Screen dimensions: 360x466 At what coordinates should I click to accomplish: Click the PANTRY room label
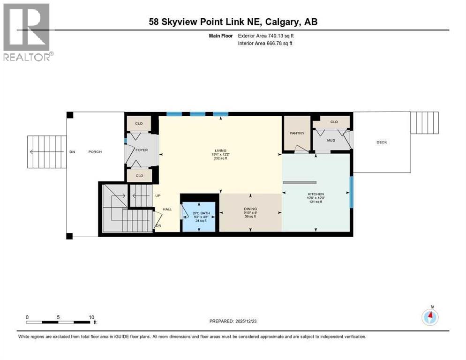[x=297, y=133]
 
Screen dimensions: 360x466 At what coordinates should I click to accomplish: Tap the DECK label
[x=382, y=142]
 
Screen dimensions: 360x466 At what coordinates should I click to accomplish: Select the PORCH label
[x=95, y=152]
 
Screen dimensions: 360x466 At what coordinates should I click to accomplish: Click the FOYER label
[x=142, y=150]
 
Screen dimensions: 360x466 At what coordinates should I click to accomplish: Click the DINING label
[x=250, y=209]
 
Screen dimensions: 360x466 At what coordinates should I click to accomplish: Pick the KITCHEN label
[x=316, y=194]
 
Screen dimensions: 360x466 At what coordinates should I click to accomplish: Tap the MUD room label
[x=331, y=140]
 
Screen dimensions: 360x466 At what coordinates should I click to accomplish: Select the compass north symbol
[x=430, y=317]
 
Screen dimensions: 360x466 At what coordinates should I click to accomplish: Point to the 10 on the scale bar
[x=91, y=317]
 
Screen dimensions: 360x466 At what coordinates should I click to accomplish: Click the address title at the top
[x=233, y=22]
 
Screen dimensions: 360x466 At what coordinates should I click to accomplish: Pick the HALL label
[x=167, y=209]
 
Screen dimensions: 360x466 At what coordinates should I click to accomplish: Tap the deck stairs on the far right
[x=424, y=123]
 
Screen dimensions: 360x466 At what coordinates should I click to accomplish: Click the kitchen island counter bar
[x=300, y=182]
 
